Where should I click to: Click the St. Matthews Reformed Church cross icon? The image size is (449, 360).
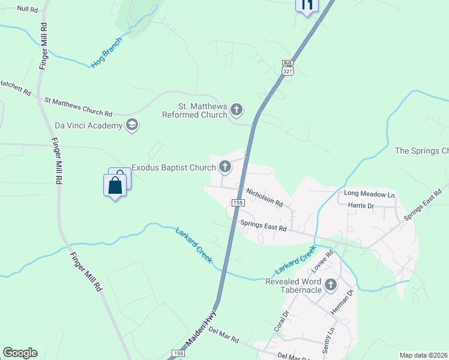(237, 110)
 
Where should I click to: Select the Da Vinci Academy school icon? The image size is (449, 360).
(132, 125)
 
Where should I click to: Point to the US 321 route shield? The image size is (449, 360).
(288, 67)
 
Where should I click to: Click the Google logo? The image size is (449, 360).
(20, 353)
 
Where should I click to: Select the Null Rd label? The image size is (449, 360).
(28, 10)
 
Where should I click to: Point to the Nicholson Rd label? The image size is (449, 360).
(264, 197)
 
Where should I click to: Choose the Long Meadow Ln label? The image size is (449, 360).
(369, 195)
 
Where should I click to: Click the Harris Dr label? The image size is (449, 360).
(361, 206)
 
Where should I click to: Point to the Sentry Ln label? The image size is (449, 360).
(330, 341)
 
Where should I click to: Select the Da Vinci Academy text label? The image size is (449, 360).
(88, 125)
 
